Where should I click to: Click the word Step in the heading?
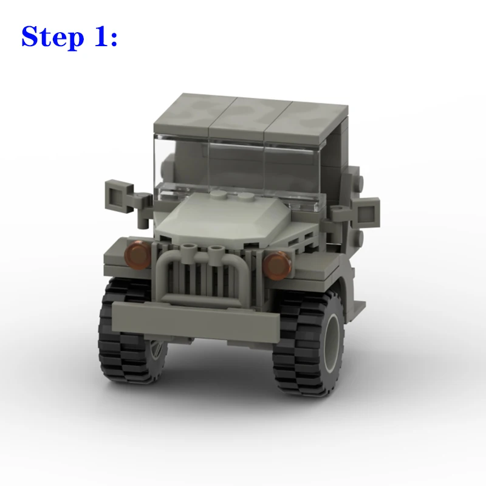(53, 37)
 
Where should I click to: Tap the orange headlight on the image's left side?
(138, 255)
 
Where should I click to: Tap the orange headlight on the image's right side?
(277, 265)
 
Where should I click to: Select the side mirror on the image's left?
(119, 196)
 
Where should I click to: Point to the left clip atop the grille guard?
(189, 250)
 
